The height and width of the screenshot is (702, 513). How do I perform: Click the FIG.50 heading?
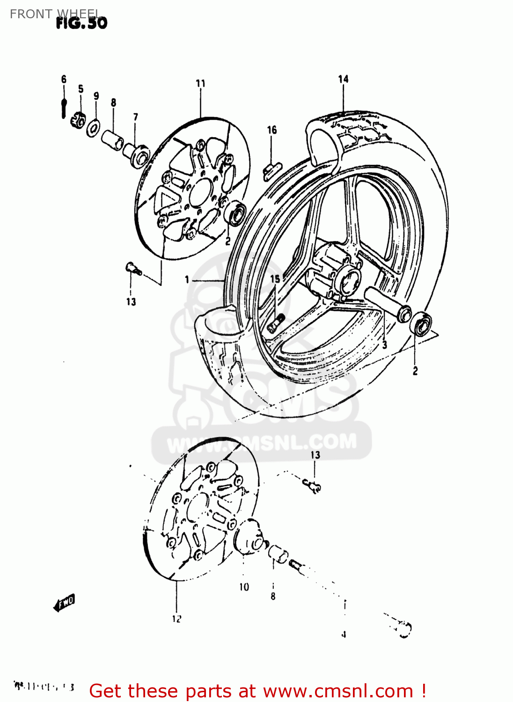[81, 23]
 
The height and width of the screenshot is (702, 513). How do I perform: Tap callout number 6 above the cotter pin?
[64, 79]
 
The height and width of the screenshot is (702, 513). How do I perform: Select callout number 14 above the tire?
[343, 79]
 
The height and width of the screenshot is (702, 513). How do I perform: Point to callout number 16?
[272, 130]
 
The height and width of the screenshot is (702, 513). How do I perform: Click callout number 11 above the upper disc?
[200, 83]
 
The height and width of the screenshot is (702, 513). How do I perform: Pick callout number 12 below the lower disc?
[176, 619]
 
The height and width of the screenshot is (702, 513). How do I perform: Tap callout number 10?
[244, 587]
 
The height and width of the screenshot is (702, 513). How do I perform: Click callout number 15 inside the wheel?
[275, 279]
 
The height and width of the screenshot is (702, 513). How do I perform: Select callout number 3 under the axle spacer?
[384, 345]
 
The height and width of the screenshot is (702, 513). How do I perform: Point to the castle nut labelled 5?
[78, 120]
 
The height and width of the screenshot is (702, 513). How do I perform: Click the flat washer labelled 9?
[93, 127]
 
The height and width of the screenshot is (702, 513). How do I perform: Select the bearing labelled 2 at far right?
[421, 324]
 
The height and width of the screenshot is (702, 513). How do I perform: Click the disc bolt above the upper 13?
[133, 269]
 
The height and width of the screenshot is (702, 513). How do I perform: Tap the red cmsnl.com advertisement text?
[257, 691]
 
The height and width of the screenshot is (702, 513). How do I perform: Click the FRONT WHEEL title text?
[54, 14]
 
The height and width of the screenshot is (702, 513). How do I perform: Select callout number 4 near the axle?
[344, 635]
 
